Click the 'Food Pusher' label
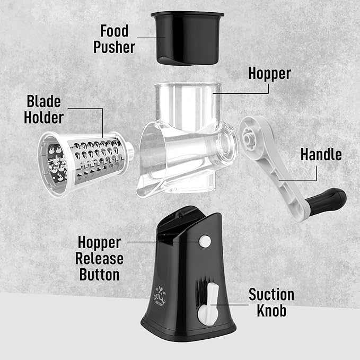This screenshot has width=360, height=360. pyautogui.click(x=115, y=38)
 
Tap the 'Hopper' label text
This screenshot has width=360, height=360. pyautogui.click(x=269, y=73)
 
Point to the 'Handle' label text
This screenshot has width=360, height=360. pyautogui.click(x=321, y=154)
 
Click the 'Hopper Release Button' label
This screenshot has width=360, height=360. pyautogui.click(x=100, y=259)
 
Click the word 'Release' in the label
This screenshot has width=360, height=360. pyautogui.click(x=100, y=259)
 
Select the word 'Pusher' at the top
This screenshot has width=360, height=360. pyautogui.click(x=115, y=47)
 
